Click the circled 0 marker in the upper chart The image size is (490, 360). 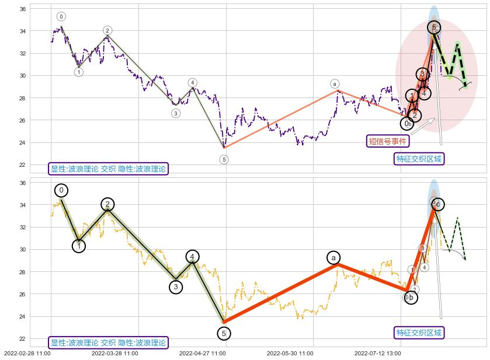tap(61, 16)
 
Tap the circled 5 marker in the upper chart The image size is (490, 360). tap(224, 159)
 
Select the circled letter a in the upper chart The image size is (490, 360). tap(335, 84)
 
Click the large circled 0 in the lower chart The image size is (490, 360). tap(61, 190)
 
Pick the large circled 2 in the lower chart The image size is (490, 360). tap(107, 204)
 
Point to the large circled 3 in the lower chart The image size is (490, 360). tap(176, 286)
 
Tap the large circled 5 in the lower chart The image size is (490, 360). tap(224, 333)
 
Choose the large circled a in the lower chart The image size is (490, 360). tap(333, 258)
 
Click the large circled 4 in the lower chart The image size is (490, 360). tap(193, 256)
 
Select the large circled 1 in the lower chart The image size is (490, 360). tap(79, 246)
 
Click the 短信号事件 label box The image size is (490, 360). tap(387, 141)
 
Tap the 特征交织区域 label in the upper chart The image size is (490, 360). tap(419, 159)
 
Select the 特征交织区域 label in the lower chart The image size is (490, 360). tap(419, 333)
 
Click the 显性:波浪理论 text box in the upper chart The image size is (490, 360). tap(109, 169)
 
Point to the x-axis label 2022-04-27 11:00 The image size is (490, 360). tap(202, 353)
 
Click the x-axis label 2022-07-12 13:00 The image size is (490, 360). tap(377, 353)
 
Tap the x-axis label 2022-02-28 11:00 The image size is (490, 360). tap(27, 353)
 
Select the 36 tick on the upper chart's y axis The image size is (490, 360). tap(21, 9)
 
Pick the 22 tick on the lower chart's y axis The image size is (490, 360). tap(21, 339)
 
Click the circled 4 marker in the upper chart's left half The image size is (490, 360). tap(192, 83)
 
